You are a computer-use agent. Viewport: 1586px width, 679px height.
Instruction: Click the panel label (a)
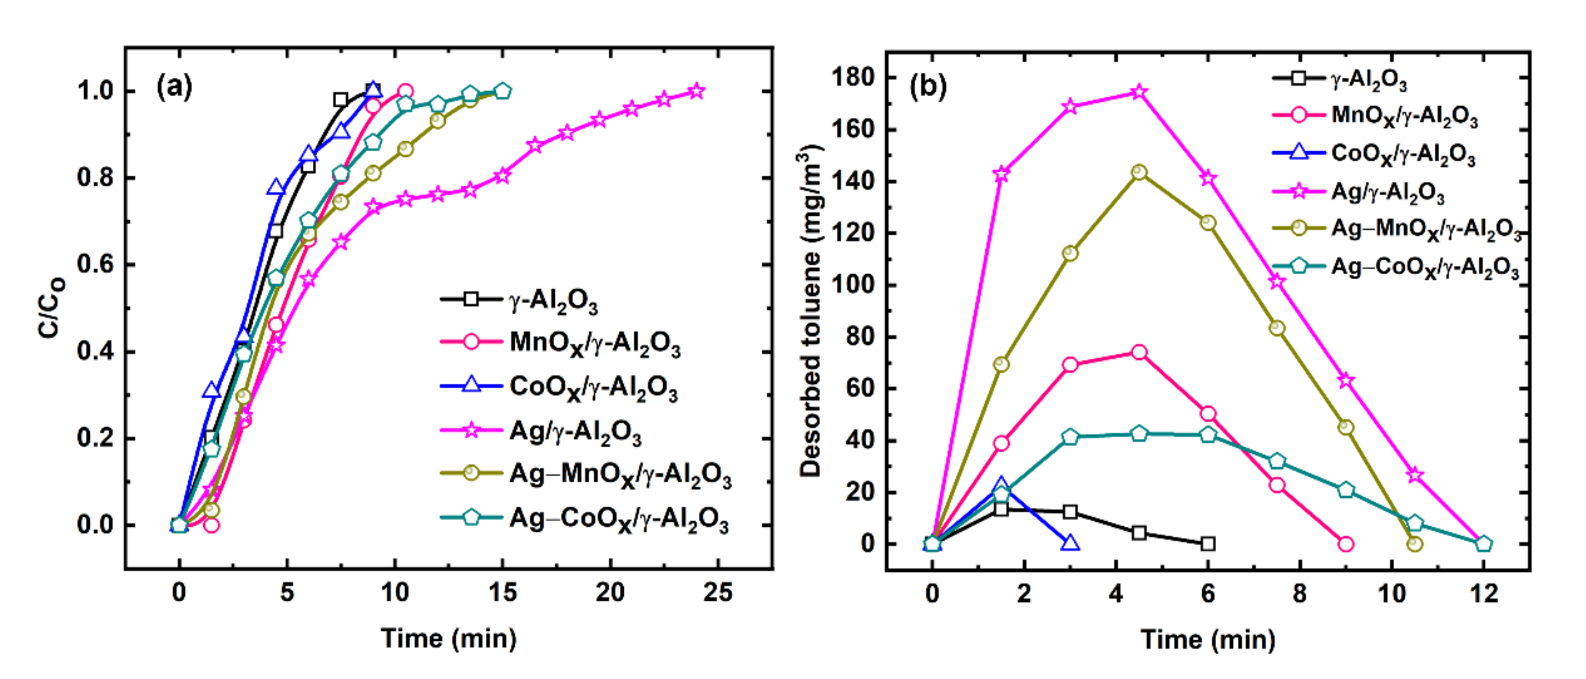click(x=174, y=87)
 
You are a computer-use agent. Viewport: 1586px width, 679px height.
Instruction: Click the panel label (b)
click(x=928, y=87)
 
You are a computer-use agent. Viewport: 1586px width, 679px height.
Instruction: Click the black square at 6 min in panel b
click(x=1208, y=544)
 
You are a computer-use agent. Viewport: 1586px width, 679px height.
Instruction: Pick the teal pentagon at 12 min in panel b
click(x=1484, y=544)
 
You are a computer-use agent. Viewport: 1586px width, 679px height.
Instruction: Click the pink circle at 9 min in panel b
click(x=1346, y=544)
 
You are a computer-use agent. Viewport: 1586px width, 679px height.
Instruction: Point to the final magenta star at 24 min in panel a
click(x=696, y=91)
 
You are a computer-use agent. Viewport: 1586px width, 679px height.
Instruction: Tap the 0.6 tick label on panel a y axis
click(x=95, y=265)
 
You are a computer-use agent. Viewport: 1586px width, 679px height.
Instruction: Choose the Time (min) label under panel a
click(x=448, y=639)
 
